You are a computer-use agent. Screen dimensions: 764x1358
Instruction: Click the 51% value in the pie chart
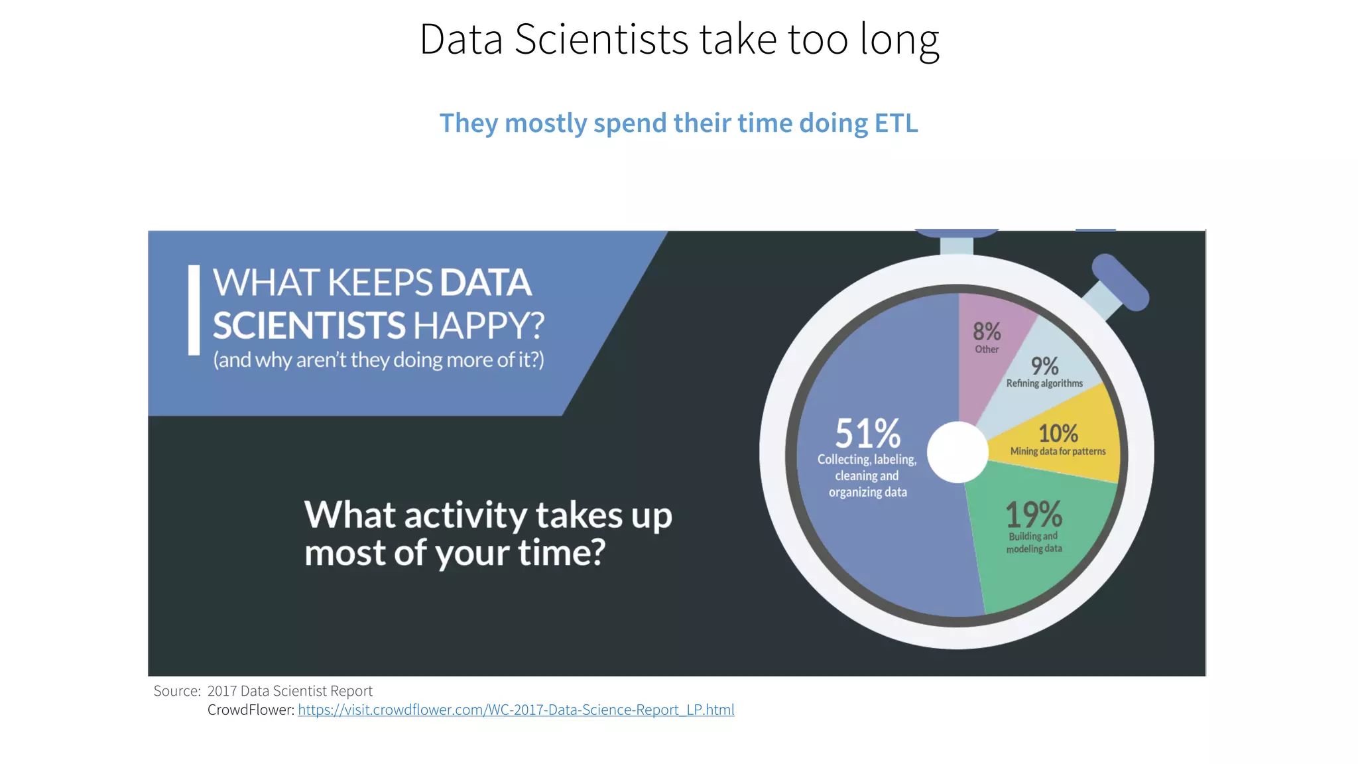click(x=867, y=434)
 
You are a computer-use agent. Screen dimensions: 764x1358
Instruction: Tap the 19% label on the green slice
click(x=1033, y=515)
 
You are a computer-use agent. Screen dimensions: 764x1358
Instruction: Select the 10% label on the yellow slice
click(x=1058, y=434)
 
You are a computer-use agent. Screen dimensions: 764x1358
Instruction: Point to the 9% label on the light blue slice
click(x=1044, y=366)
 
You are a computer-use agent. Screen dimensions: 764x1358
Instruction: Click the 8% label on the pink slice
click(x=987, y=331)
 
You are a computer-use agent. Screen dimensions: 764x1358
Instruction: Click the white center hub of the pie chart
click(x=957, y=452)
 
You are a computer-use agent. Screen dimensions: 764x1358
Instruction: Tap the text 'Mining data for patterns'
click(x=1058, y=452)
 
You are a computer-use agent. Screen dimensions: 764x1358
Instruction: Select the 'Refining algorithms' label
click(x=1044, y=383)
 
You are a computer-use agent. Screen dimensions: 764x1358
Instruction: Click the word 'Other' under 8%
click(x=987, y=350)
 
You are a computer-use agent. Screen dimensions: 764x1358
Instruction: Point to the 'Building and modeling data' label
click(x=1034, y=542)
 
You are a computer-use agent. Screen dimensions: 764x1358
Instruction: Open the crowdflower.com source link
click(x=516, y=710)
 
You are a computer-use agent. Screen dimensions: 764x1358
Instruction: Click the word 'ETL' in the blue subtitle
click(x=896, y=123)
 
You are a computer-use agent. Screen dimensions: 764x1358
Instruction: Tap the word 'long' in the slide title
click(x=899, y=40)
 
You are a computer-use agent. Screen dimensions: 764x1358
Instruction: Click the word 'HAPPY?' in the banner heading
click(x=478, y=326)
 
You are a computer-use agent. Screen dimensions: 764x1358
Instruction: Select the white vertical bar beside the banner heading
click(x=194, y=310)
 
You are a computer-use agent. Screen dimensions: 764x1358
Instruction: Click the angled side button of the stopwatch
click(x=1119, y=282)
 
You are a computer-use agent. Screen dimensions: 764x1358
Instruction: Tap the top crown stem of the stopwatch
click(x=956, y=245)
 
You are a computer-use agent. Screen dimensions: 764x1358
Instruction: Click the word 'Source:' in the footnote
click(x=177, y=691)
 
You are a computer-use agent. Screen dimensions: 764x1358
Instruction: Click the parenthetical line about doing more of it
click(x=378, y=360)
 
